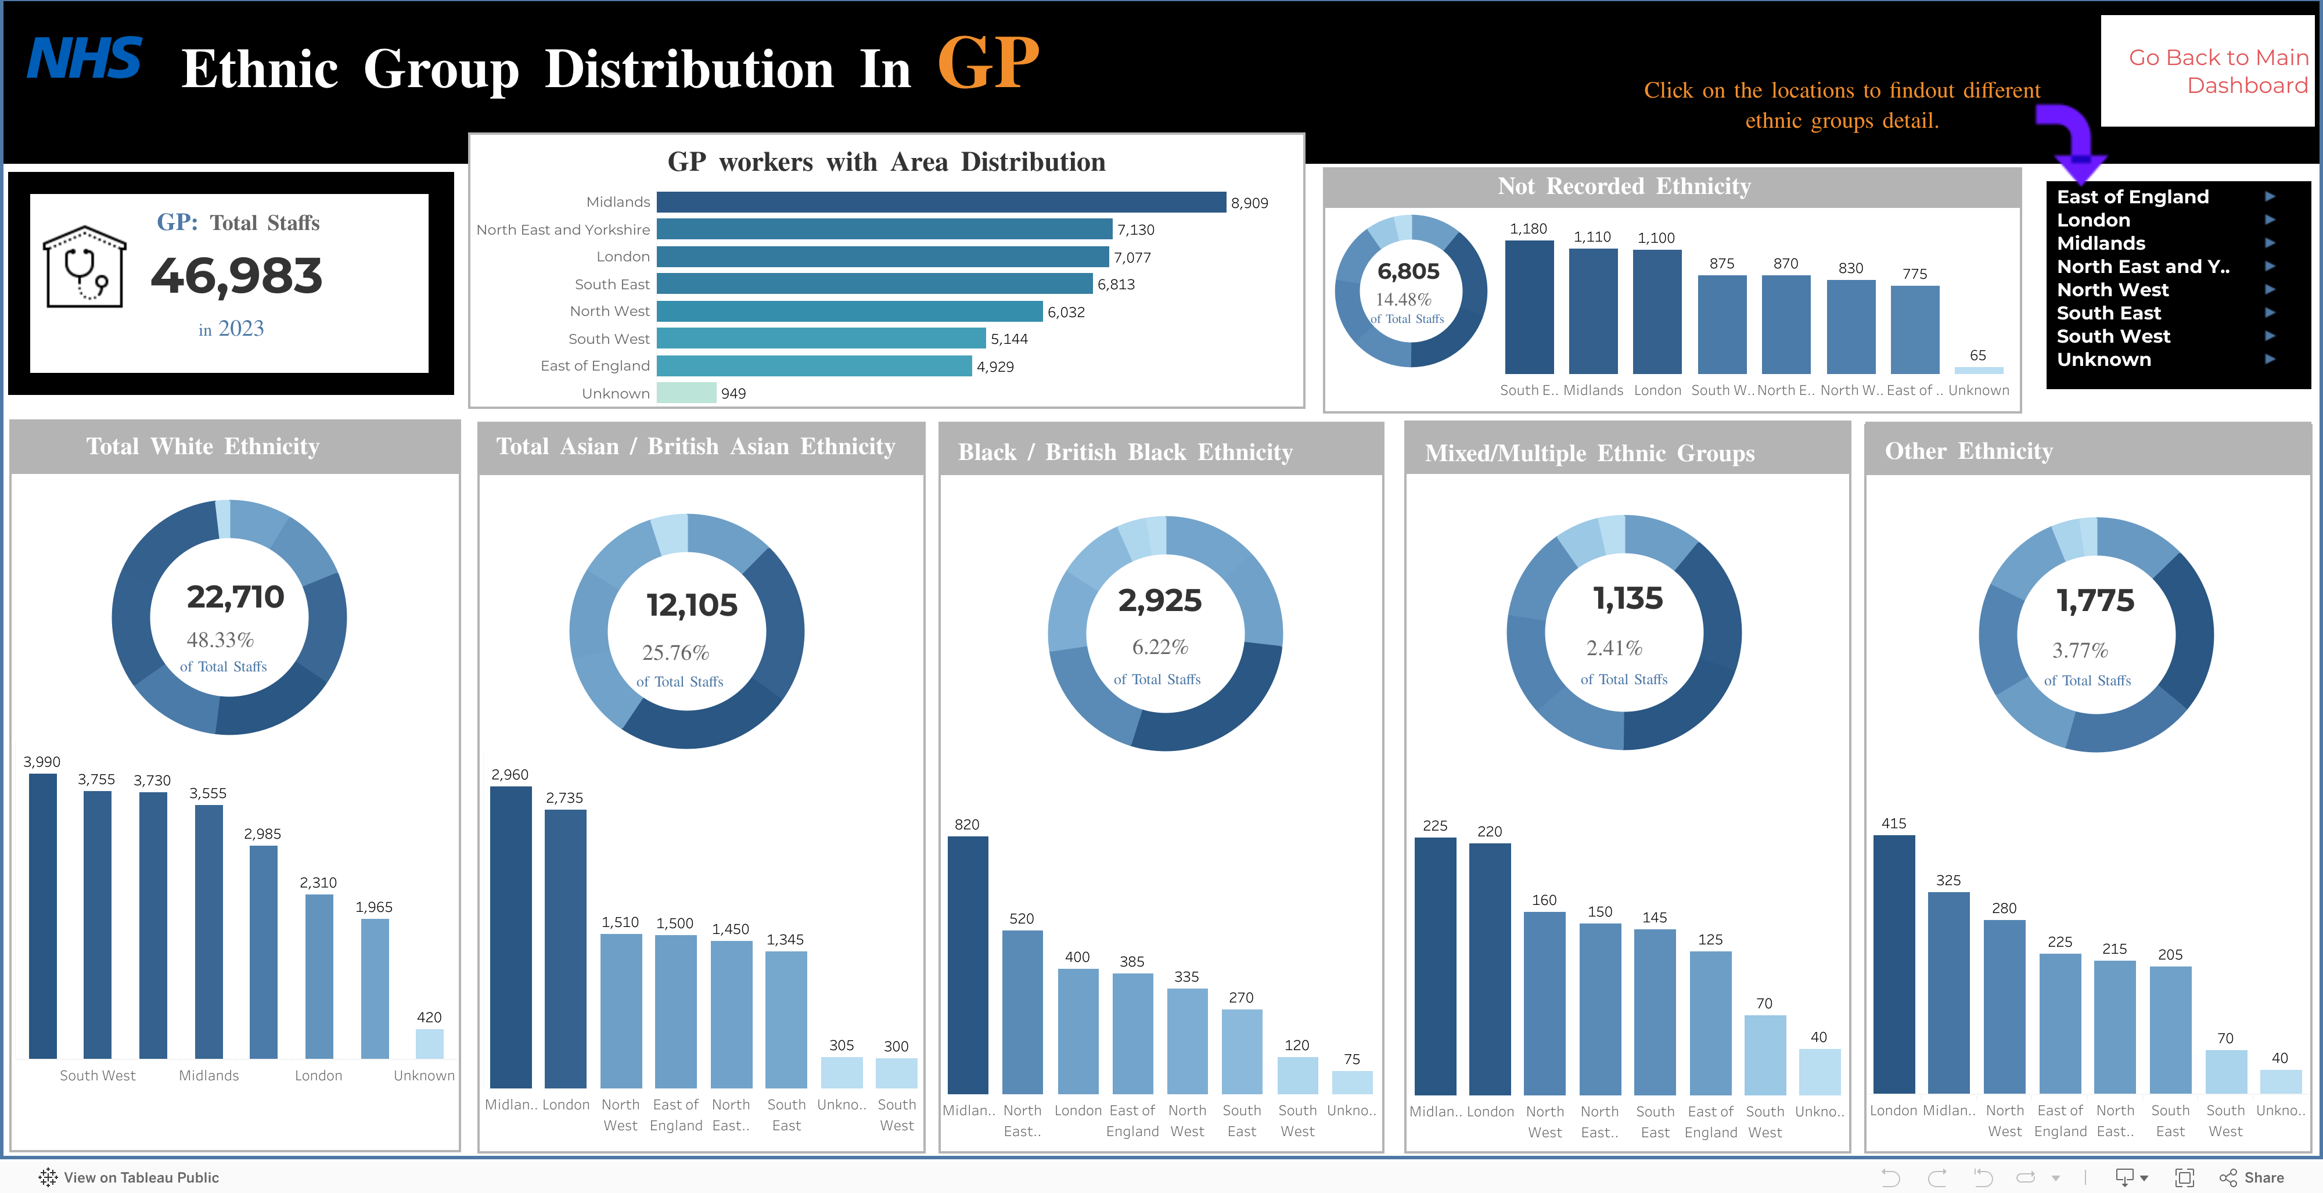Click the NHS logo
(85, 59)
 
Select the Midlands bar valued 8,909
(941, 202)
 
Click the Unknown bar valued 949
(686, 393)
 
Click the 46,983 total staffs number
(236, 276)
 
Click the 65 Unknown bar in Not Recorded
(1979, 370)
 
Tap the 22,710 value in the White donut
(235, 597)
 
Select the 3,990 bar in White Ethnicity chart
(42, 915)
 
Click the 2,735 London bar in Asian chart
(566, 948)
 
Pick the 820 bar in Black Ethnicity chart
(968, 965)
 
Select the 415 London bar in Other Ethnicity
(1894, 964)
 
